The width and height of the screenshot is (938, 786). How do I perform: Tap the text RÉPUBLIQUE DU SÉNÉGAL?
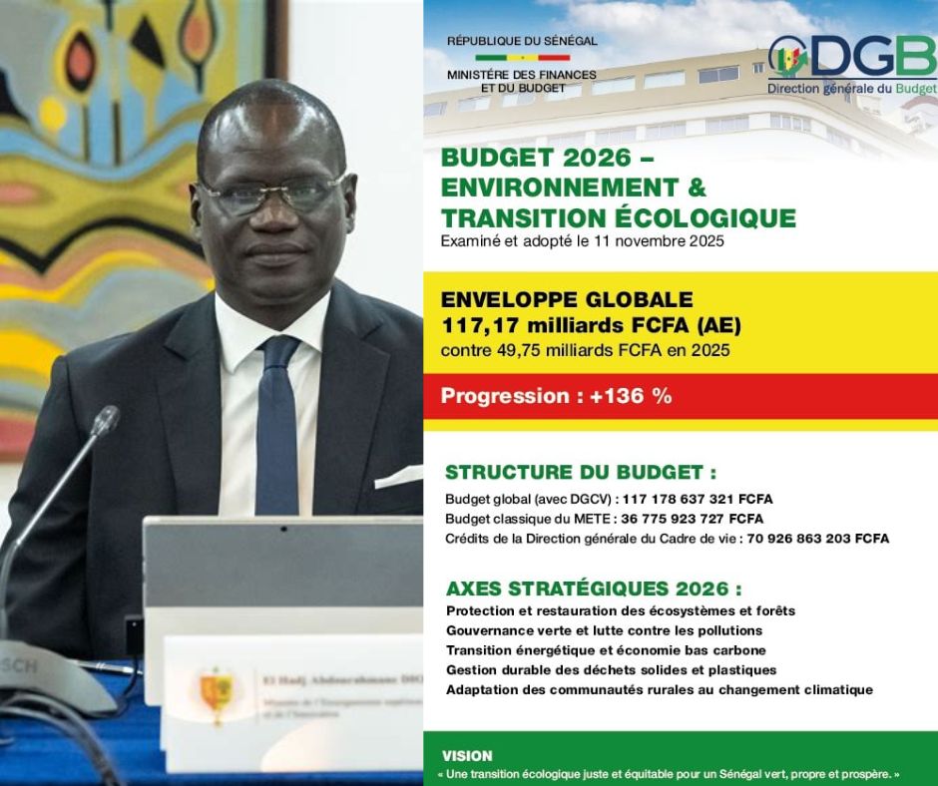522,41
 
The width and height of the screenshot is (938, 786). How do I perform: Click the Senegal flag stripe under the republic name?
522,58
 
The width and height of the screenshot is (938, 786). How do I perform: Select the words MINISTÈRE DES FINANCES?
522,75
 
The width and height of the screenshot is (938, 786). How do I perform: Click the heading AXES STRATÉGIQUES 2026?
594,589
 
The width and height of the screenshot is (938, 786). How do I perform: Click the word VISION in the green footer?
467,756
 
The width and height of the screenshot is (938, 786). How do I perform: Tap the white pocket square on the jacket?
399,476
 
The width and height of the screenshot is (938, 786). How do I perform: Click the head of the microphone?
104,420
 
